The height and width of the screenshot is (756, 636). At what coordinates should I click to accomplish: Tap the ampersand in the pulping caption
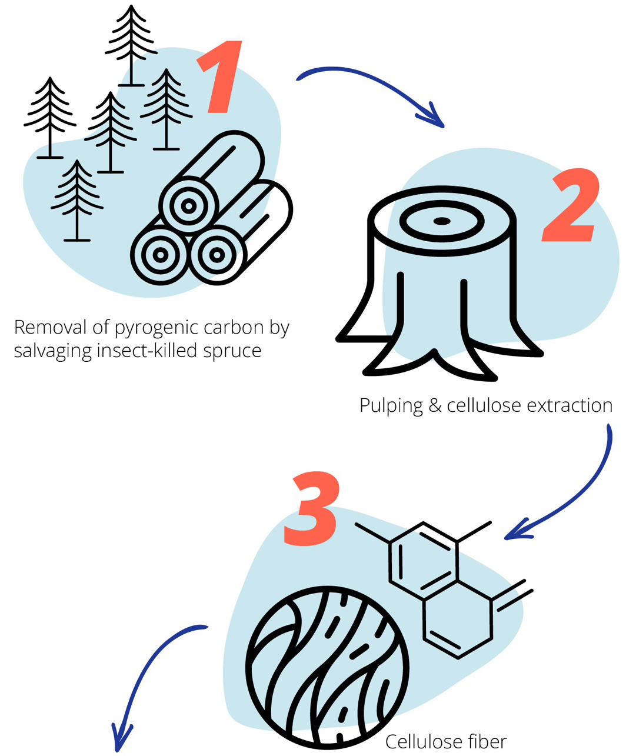coord(435,405)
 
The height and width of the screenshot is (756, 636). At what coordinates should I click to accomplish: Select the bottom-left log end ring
coord(160,255)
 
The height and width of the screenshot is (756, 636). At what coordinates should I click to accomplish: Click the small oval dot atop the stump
coord(442,221)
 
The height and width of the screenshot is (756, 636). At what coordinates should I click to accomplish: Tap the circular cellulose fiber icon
coord(327,667)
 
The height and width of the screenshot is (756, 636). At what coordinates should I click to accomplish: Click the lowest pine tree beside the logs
coord(77,200)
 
